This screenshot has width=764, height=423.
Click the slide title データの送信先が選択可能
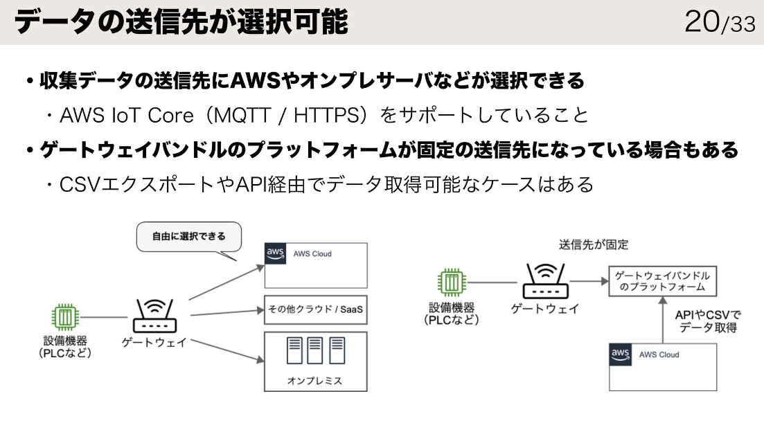click(x=181, y=22)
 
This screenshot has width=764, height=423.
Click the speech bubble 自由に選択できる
click(x=189, y=236)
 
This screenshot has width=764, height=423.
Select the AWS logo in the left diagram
click(x=276, y=254)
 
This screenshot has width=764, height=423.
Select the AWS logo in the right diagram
click(x=620, y=354)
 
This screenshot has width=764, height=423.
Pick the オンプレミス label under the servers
click(x=314, y=381)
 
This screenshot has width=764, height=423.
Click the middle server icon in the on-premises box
click(x=315, y=350)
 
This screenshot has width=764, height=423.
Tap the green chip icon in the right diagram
click(x=452, y=282)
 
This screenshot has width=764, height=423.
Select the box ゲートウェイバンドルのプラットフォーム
click(x=662, y=281)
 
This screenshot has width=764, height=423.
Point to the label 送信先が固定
click(x=594, y=244)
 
